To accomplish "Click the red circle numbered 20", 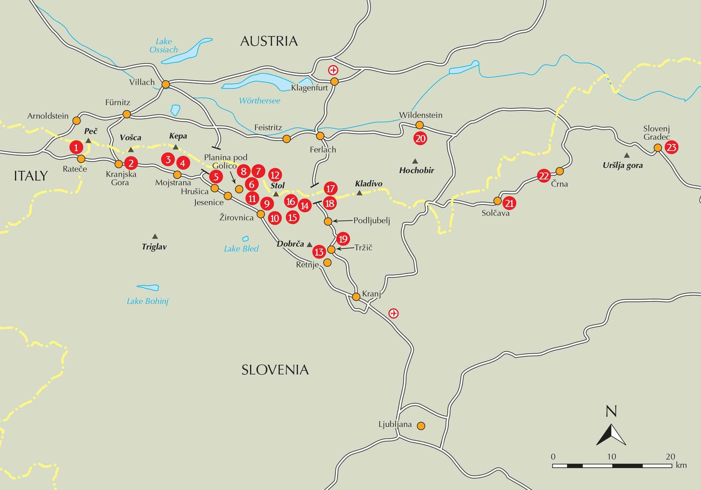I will (x=420, y=138).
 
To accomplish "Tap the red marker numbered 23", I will (x=671, y=148).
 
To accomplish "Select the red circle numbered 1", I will (x=76, y=147).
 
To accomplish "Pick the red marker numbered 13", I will (x=319, y=252).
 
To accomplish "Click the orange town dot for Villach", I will (x=165, y=85).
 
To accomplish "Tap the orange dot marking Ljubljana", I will (x=421, y=426).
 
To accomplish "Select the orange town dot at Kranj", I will (x=356, y=297).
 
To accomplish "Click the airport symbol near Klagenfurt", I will (x=333, y=71).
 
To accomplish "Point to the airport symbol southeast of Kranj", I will (x=393, y=313).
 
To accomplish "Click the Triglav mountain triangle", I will (x=155, y=236).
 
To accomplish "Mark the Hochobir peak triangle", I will (x=415, y=161).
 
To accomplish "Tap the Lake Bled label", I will (x=241, y=249).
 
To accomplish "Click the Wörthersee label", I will (x=259, y=100).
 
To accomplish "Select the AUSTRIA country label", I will (x=269, y=41).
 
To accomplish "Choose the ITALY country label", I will (x=31, y=176).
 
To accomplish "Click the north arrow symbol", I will (x=611, y=434).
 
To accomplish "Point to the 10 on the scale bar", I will (x=611, y=456).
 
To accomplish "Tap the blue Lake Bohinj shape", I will (x=148, y=288).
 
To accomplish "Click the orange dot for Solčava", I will (x=497, y=201).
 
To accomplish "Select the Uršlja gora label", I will (x=622, y=165).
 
